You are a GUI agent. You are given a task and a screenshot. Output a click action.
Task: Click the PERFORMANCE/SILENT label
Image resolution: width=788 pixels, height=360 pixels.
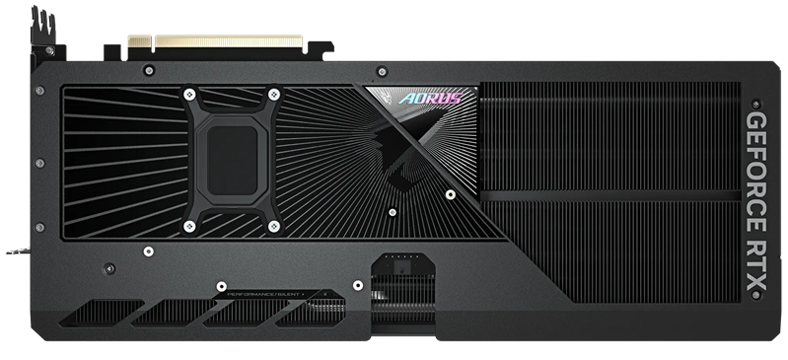pyautogui.click(x=263, y=294)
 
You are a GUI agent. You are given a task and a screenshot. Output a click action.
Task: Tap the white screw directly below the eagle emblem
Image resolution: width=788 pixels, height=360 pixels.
pyautogui.click(x=393, y=211)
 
